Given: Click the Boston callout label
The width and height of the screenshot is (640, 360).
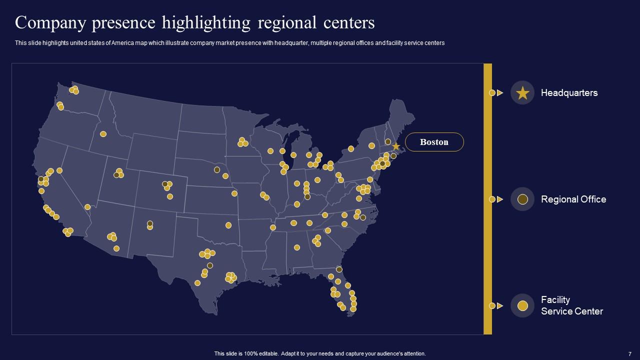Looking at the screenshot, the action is click(x=434, y=142).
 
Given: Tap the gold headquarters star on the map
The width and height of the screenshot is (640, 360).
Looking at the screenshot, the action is click(x=395, y=146).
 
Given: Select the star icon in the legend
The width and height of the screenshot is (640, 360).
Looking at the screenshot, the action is click(x=522, y=93).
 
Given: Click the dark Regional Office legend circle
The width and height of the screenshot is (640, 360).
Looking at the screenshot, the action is click(x=522, y=199).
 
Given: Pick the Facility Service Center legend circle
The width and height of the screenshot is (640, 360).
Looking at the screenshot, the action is click(x=522, y=305).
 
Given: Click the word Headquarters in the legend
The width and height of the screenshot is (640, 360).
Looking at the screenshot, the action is click(x=569, y=93).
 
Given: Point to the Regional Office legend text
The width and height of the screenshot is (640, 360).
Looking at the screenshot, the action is click(x=573, y=199).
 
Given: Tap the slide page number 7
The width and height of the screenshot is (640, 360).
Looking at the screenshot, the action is click(x=630, y=353).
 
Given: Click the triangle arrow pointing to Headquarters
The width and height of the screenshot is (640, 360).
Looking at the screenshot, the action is click(x=500, y=93).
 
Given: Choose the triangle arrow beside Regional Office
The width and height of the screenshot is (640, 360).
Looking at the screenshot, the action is click(x=500, y=199).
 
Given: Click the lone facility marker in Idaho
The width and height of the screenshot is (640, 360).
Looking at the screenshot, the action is click(x=103, y=134).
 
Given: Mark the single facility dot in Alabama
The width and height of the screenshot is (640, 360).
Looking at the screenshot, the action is click(x=297, y=247).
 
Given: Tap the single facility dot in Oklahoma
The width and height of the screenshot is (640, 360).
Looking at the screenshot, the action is click(x=228, y=225).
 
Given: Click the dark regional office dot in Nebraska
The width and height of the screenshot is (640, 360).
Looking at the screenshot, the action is click(x=217, y=169).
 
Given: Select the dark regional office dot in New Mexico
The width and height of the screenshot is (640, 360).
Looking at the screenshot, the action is click(x=150, y=223).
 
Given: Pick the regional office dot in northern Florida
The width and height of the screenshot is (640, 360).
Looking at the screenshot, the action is click(x=339, y=269).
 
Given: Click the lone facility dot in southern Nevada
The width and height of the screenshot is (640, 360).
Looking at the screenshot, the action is click(x=87, y=207).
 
